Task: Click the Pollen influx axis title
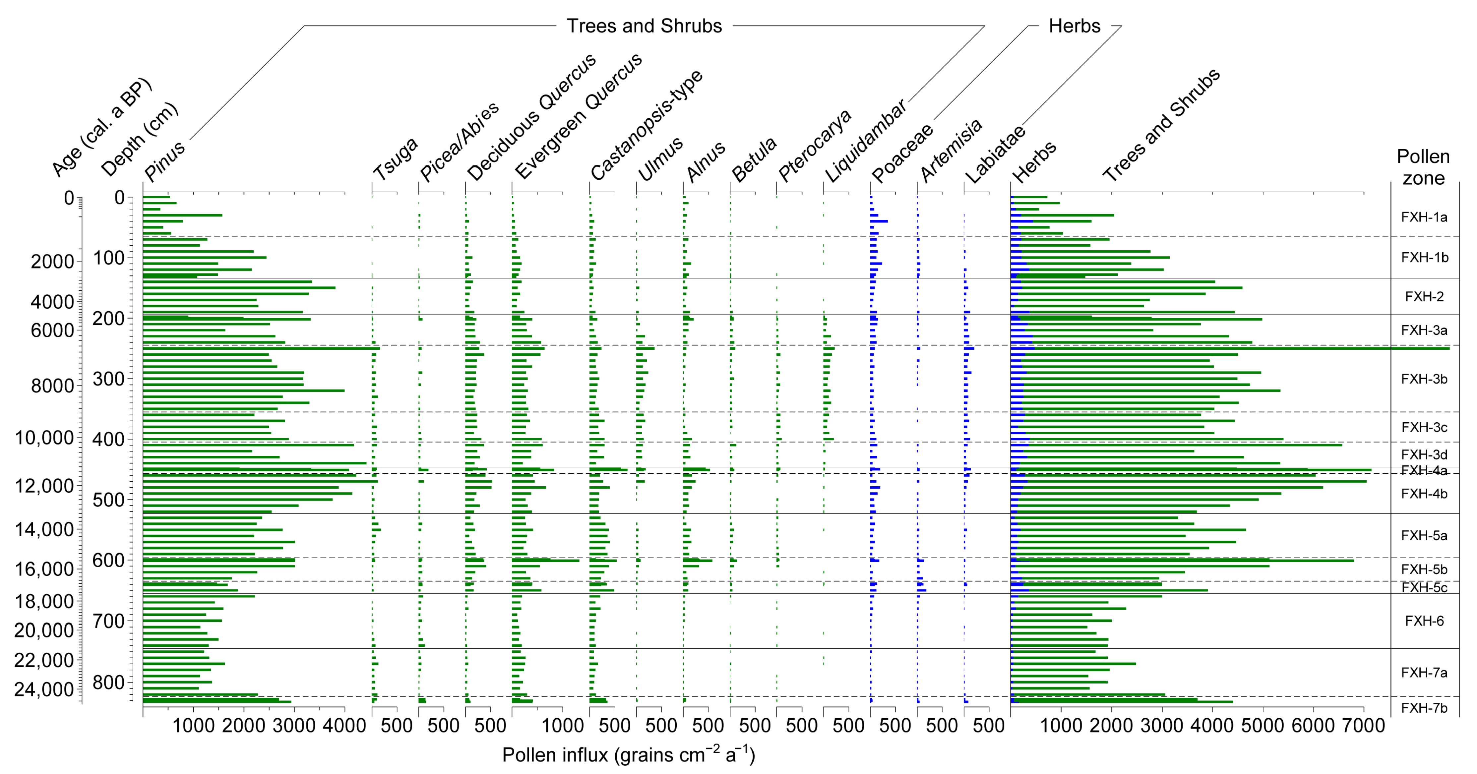628,755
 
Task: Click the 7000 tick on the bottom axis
1364,725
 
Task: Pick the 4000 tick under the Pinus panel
344,725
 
